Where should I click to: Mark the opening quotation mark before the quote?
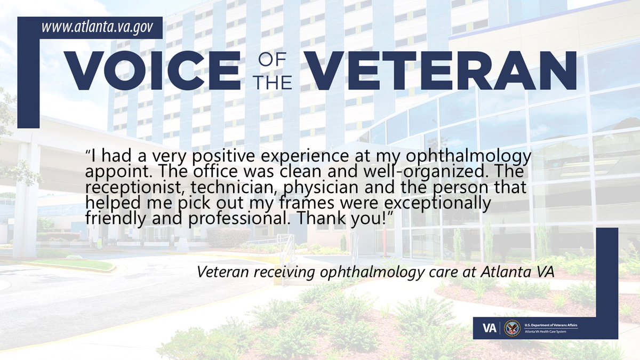(88, 151)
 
